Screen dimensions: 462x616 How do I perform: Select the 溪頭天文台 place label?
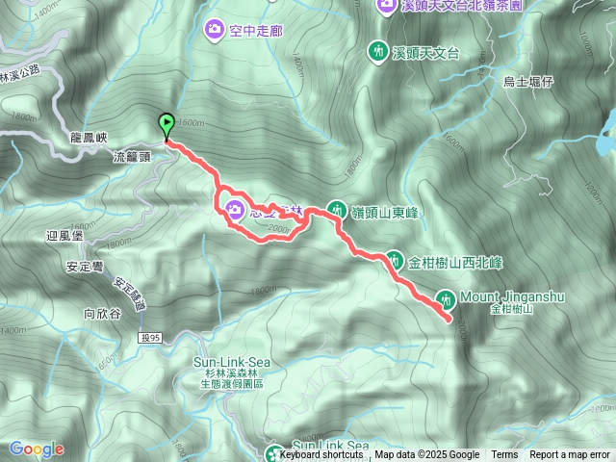(x=425, y=50)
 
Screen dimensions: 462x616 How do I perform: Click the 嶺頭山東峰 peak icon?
(x=337, y=208)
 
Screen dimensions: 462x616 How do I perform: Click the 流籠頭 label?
(x=133, y=155)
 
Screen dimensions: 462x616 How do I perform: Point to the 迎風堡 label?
(x=65, y=235)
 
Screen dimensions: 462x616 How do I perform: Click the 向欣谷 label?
(x=102, y=313)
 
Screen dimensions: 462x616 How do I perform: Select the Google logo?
(x=37, y=449)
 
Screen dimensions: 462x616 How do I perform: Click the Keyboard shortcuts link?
(x=321, y=455)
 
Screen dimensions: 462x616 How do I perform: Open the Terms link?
(x=504, y=455)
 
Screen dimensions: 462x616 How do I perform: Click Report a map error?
(x=570, y=455)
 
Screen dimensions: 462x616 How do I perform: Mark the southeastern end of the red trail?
(x=449, y=318)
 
